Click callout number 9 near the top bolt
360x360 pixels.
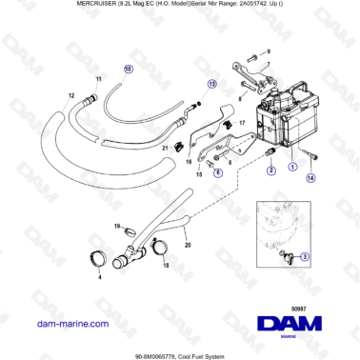tap(267, 49)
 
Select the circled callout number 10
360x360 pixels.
tap(129, 70)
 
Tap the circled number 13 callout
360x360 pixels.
tap(213, 83)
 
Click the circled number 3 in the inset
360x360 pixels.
tap(303, 256)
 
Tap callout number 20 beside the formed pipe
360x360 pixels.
tap(187, 246)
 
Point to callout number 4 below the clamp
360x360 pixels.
tap(100, 278)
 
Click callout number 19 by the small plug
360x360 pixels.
tap(117, 226)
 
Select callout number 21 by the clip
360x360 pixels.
tap(165, 149)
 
